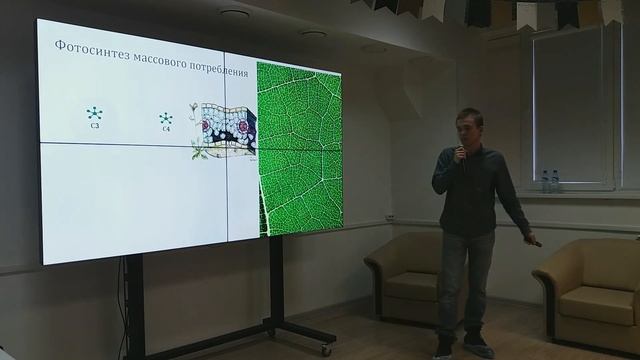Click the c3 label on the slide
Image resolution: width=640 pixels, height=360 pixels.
(93, 127)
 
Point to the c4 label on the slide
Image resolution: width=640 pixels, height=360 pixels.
(166, 130)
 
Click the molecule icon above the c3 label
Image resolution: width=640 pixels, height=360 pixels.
(93, 112)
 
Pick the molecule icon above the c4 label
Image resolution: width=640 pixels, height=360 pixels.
(166, 117)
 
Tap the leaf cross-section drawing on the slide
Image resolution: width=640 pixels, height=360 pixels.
(225, 128)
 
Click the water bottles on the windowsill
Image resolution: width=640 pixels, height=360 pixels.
(549, 181)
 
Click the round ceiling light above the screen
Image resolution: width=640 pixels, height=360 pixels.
(234, 15)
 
